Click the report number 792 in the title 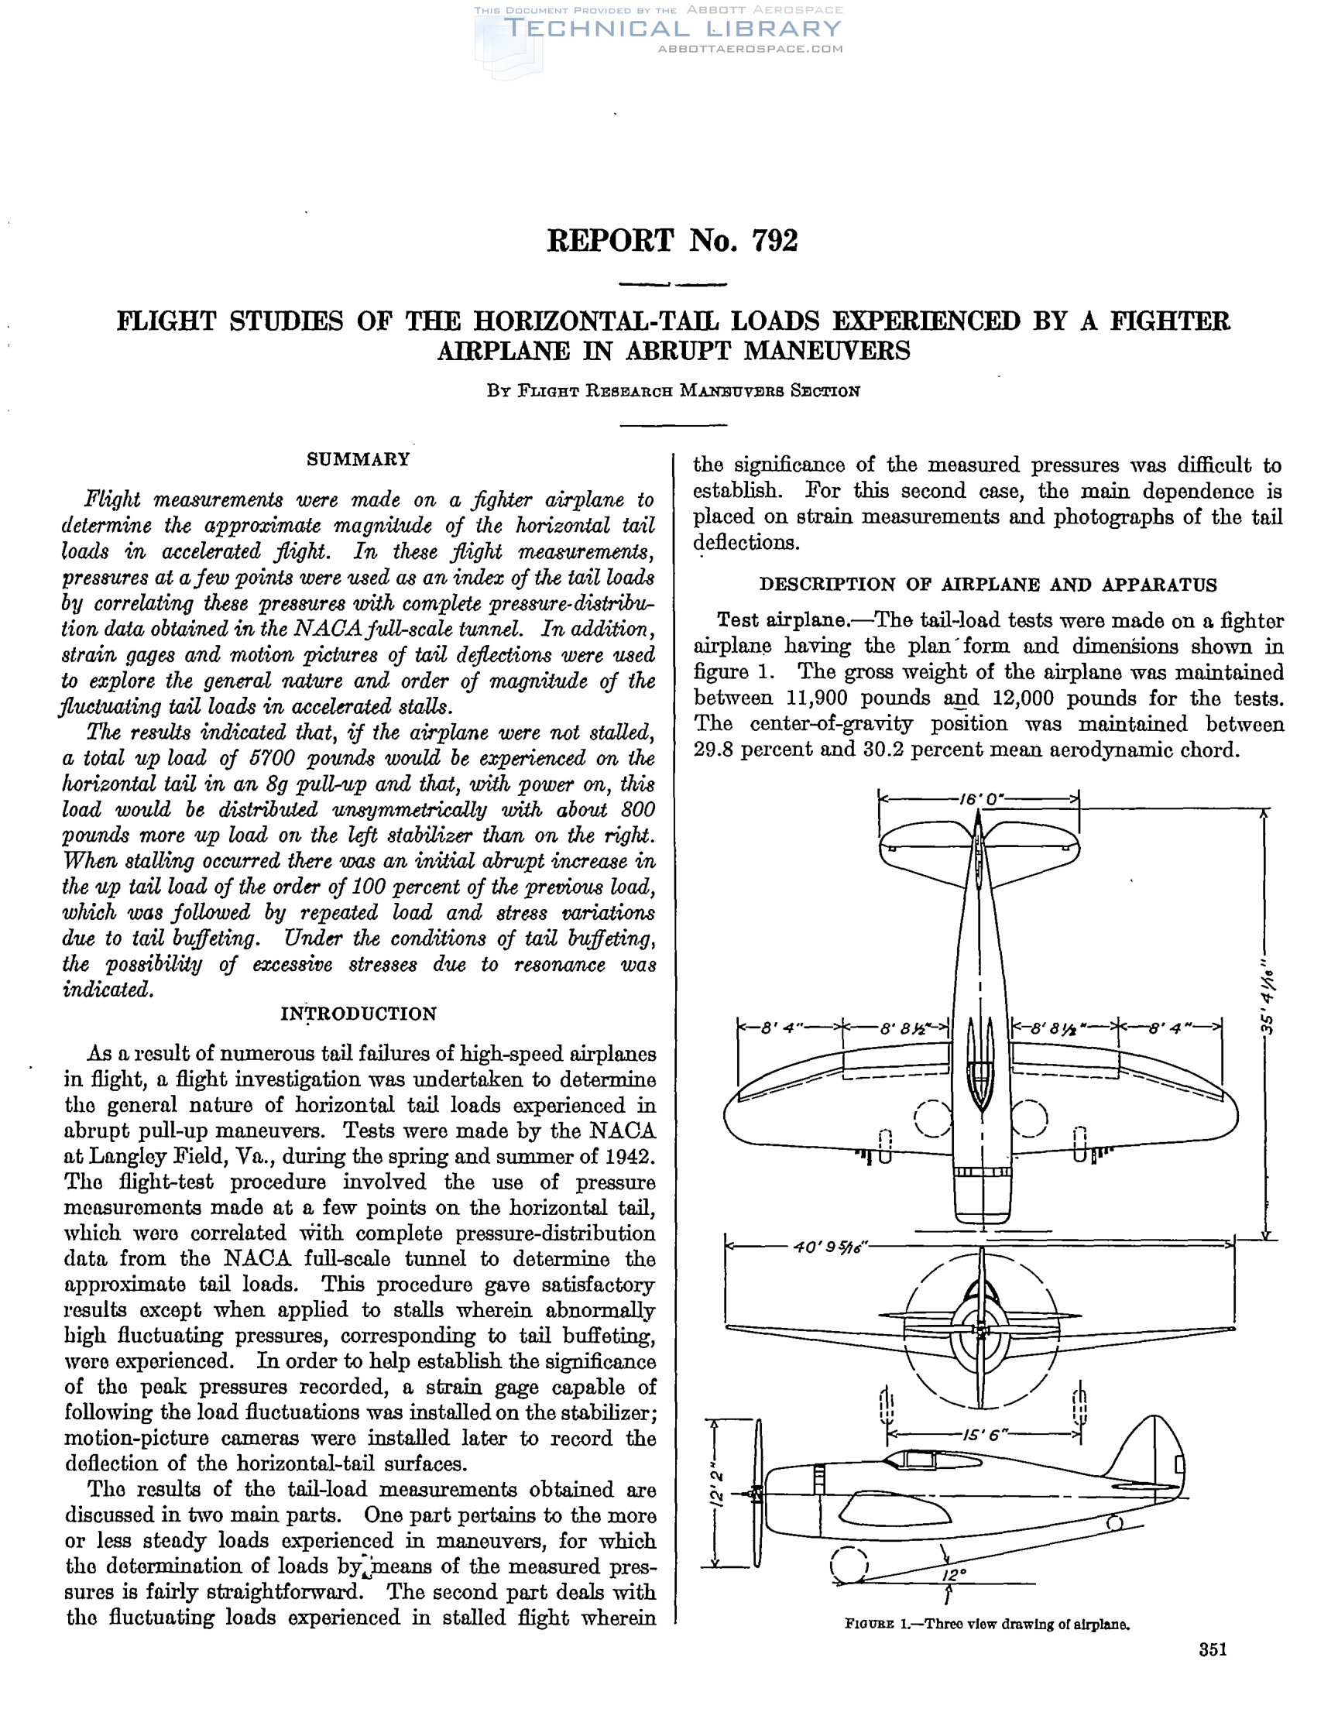[x=774, y=241]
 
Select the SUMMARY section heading [x=358, y=460]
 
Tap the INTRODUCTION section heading [x=358, y=1014]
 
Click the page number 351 [x=1213, y=1672]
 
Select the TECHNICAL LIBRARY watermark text [x=673, y=29]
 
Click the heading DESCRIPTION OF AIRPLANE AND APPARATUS [x=988, y=585]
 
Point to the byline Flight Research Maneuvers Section [x=673, y=391]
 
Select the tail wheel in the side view [x=1114, y=1524]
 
